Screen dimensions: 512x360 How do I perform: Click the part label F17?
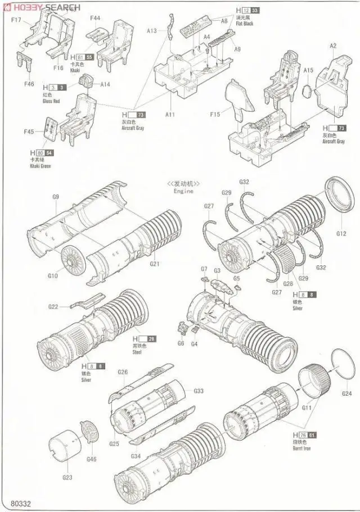pos(15,20)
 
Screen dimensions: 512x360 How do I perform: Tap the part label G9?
pos(55,197)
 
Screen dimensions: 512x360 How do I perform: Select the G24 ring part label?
pos(346,393)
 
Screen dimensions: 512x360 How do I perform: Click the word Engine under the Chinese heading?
pos(183,191)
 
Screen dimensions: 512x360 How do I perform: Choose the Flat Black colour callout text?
pos(245,24)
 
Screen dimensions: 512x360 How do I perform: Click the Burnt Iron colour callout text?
pos(301,448)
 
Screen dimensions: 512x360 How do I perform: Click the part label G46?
pos(92,459)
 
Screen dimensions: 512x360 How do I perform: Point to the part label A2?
pos(333,46)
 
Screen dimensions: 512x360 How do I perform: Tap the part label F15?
pos(215,115)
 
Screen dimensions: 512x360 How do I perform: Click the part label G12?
pos(341,233)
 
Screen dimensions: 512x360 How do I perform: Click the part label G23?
pos(66,478)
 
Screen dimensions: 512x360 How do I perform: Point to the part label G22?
pos(53,306)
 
